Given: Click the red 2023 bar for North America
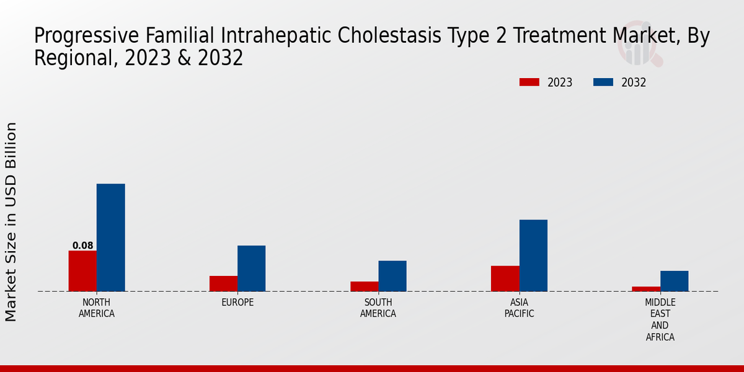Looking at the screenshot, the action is [x=82, y=271].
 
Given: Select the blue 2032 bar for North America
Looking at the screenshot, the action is [x=111, y=237].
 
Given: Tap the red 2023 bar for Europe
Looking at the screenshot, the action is [x=224, y=284].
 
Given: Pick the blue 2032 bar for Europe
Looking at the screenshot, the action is [x=252, y=268].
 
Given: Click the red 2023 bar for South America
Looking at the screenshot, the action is [x=365, y=286].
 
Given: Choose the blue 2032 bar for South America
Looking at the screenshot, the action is [x=392, y=276].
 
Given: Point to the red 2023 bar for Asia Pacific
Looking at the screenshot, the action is [x=505, y=278].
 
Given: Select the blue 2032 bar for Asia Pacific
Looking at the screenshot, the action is [x=533, y=255].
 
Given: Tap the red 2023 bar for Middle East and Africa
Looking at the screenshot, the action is [x=646, y=289].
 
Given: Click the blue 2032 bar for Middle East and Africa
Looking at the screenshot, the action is [x=675, y=281].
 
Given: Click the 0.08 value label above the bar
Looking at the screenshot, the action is [x=82, y=246].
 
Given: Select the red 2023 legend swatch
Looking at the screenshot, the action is [x=529, y=82].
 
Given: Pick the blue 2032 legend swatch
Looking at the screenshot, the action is [x=603, y=82].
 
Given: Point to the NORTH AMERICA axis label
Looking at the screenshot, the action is [x=97, y=308].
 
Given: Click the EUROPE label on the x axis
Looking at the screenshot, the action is [x=237, y=303].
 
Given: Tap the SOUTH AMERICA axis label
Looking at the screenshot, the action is [x=378, y=308].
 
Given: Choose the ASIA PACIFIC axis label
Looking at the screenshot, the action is [x=519, y=308].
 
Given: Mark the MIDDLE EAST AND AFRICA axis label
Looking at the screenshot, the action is [x=660, y=319].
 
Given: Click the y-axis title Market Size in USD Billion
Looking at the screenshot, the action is [x=11, y=222].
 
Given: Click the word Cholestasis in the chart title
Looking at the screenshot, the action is [x=389, y=35].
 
